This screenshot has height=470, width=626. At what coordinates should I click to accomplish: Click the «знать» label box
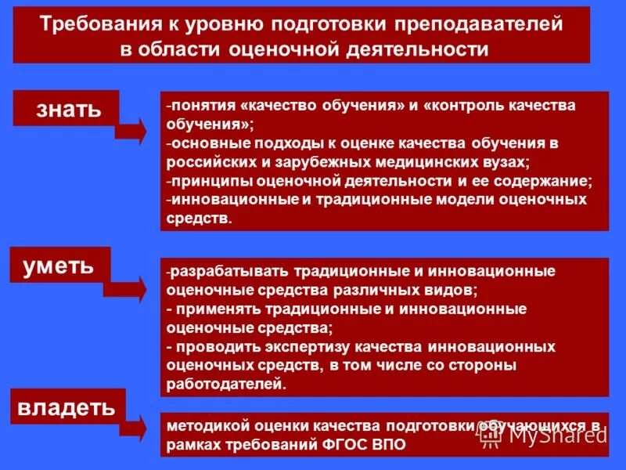[x=67, y=108]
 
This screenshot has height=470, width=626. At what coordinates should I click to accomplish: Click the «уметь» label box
[x=59, y=266]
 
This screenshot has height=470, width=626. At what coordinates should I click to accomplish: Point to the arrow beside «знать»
[x=132, y=130]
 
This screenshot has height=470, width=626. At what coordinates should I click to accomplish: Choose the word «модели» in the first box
[x=462, y=200]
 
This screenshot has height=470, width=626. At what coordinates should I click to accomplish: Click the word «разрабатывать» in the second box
[x=230, y=271]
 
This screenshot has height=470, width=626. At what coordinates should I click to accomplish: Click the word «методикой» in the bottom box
[x=204, y=425]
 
